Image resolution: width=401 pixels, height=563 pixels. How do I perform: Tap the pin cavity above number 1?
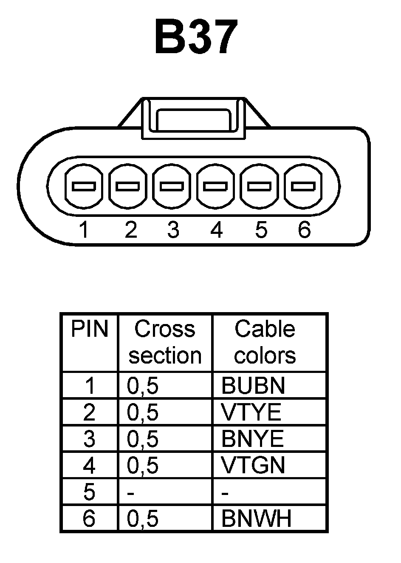(84, 186)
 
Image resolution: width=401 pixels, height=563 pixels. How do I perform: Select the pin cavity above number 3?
(172, 186)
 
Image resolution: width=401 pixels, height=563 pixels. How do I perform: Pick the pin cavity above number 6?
(303, 186)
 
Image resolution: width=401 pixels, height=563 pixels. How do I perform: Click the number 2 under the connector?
(131, 230)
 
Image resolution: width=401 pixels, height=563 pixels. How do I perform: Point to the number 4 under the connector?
(216, 230)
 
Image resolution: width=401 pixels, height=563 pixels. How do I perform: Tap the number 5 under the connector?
(261, 230)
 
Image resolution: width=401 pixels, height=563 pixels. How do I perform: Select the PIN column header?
(89, 329)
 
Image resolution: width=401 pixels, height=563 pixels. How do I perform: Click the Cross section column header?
(165, 342)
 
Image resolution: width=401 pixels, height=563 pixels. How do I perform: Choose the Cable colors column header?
(265, 342)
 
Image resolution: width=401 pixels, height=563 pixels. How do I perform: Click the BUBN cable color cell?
(253, 386)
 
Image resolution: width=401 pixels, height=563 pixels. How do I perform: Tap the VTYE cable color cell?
(251, 412)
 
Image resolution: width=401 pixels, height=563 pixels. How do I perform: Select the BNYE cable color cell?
(252, 438)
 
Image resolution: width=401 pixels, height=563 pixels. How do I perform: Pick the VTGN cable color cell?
(253, 465)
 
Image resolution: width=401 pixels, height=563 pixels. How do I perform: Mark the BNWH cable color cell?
(257, 518)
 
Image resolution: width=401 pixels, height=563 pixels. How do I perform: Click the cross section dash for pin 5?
(131, 493)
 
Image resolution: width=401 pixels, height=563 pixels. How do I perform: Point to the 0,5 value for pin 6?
(143, 519)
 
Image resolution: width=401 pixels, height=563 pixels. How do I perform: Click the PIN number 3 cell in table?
(89, 439)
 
